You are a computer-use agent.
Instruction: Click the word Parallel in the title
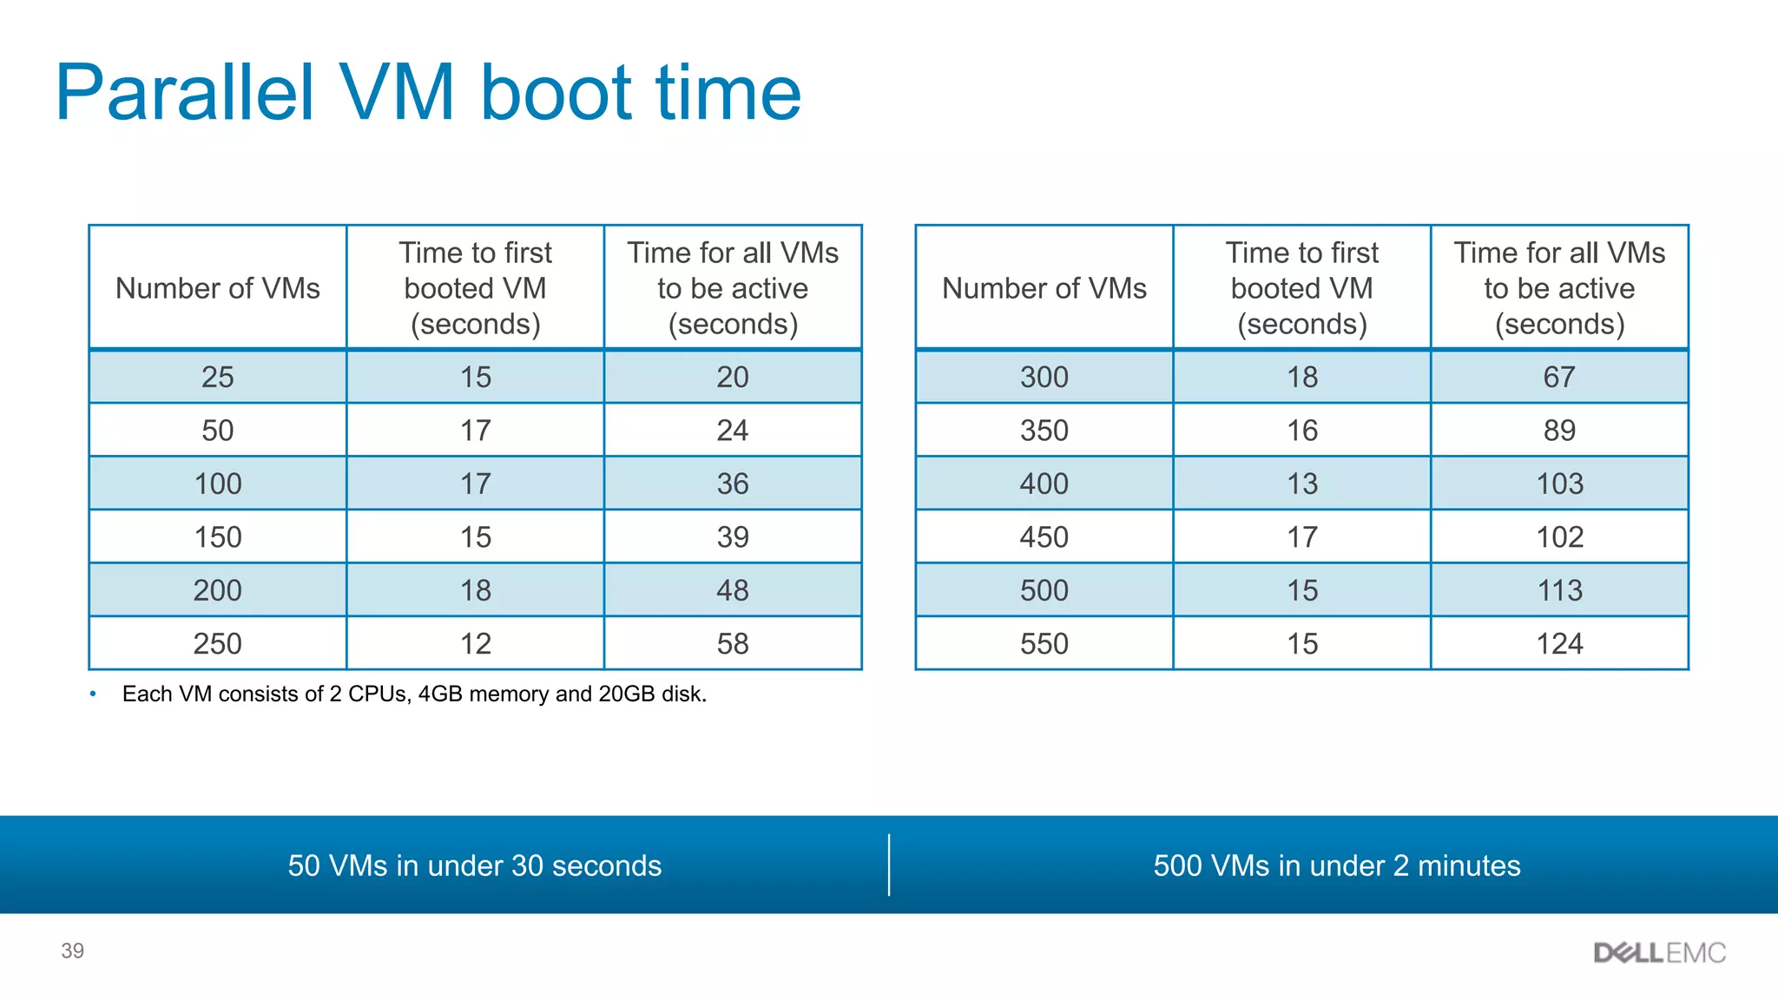pos(184,94)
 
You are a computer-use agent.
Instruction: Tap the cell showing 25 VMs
pos(217,377)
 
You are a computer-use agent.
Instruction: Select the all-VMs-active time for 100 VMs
pos(732,484)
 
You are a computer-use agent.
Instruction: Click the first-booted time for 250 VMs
pos(475,643)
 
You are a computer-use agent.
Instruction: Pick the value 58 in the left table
pos(732,643)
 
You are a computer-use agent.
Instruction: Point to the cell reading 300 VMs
pos(1044,377)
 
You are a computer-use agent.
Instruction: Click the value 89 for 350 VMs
pos(1559,431)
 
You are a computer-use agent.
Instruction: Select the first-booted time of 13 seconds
pos(1301,484)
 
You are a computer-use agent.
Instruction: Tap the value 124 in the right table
pos(1559,643)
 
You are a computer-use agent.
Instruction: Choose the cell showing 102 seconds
pos(1559,536)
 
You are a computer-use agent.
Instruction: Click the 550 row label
pos(1044,643)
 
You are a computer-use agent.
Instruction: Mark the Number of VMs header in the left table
pos(217,288)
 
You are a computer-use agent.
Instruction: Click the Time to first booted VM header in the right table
pos(1301,288)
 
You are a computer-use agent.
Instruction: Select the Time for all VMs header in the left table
pos(732,288)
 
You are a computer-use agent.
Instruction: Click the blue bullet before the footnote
pos(93,694)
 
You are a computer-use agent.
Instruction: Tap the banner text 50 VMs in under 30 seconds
pos(474,865)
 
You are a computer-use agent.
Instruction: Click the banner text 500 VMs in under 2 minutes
pos(1336,865)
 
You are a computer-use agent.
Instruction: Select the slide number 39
pos(72,951)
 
